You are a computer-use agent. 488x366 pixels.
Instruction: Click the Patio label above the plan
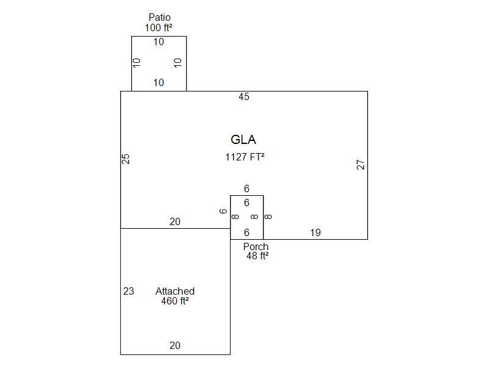tap(159, 17)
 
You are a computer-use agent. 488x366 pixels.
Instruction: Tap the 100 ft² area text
tap(158, 27)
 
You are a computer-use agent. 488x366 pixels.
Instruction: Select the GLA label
tap(243, 140)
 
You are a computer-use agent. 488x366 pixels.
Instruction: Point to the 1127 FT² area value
tap(245, 157)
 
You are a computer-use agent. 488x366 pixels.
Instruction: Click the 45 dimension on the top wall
tap(244, 97)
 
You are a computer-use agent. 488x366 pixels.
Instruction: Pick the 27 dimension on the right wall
tap(361, 165)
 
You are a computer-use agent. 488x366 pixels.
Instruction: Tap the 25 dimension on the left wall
tap(126, 159)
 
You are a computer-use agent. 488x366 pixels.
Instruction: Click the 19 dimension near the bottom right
tap(315, 232)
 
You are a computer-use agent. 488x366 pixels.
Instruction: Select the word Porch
tap(256, 246)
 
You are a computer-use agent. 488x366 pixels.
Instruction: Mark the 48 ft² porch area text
tap(257, 256)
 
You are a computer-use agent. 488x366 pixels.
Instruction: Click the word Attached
tap(175, 291)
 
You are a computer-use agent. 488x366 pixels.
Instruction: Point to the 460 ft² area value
tap(175, 301)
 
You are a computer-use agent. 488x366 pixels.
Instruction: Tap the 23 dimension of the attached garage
tap(129, 291)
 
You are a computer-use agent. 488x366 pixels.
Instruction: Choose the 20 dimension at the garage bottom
tap(175, 345)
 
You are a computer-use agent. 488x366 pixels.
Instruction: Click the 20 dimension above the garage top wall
tap(175, 222)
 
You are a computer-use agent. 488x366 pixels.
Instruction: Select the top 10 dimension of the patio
tap(159, 42)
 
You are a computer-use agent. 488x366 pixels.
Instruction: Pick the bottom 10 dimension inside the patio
tap(159, 82)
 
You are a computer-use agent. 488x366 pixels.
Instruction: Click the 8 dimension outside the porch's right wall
tap(268, 217)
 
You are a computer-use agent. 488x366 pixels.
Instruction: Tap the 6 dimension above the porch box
tap(246, 189)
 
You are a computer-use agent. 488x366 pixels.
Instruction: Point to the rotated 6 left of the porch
tap(223, 211)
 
